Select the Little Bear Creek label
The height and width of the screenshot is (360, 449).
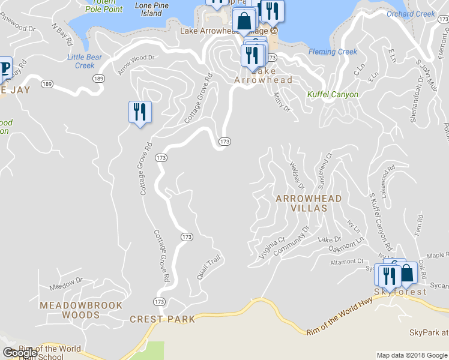[80, 61]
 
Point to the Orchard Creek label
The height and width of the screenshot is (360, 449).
[411, 14]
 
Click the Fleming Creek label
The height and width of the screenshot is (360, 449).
[333, 52]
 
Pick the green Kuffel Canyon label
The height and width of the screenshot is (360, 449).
[333, 94]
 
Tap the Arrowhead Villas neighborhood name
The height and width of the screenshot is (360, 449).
[309, 203]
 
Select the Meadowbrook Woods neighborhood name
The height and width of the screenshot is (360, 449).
[69, 310]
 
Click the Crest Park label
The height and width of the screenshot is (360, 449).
[163, 319]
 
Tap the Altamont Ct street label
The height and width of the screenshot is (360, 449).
[347, 262]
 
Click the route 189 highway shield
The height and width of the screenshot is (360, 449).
[97, 79]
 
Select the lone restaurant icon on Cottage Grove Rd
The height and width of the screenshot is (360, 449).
[140, 112]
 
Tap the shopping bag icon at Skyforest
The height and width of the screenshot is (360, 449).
[406, 273]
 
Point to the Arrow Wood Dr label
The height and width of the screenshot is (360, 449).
[136, 65]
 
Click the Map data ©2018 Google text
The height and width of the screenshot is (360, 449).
[412, 355]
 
